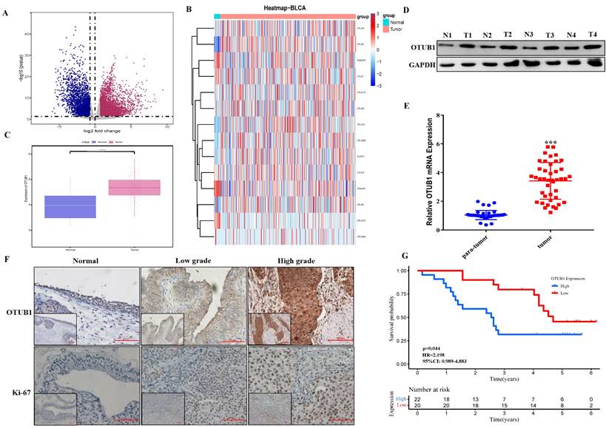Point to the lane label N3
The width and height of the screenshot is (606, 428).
coord(531,35)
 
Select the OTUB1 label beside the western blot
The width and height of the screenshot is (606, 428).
coord(420,48)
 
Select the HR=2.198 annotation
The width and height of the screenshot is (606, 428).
coord(435,353)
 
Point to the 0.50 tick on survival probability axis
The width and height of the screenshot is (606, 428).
coord(403,317)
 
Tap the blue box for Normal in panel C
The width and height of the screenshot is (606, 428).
coord(71,206)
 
